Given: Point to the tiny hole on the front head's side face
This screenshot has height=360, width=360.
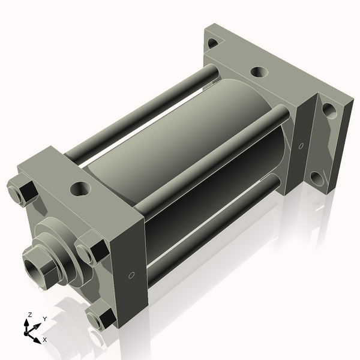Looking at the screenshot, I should pos(131,275).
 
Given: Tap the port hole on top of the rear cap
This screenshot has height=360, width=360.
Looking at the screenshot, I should pos(258,72).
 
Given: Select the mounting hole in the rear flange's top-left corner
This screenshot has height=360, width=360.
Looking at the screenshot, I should pos(212,44).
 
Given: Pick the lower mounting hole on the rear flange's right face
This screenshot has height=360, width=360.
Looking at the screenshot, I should pos(317,178).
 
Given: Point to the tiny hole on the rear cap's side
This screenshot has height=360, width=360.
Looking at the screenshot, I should pos(300,145).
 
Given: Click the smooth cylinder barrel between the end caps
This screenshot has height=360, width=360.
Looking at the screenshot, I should pos(186,138).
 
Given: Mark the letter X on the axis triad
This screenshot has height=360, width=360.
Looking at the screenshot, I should pos(44,340).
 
